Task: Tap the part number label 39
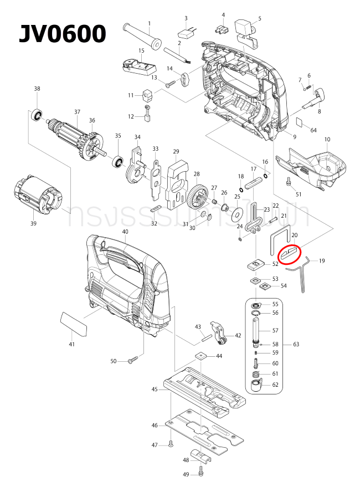pos(33,223)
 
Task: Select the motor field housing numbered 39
pos(38,193)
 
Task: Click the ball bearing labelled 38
pos(38,115)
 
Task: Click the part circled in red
pos(290,254)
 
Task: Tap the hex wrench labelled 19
pos(304,274)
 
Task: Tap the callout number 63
pos(296,344)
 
